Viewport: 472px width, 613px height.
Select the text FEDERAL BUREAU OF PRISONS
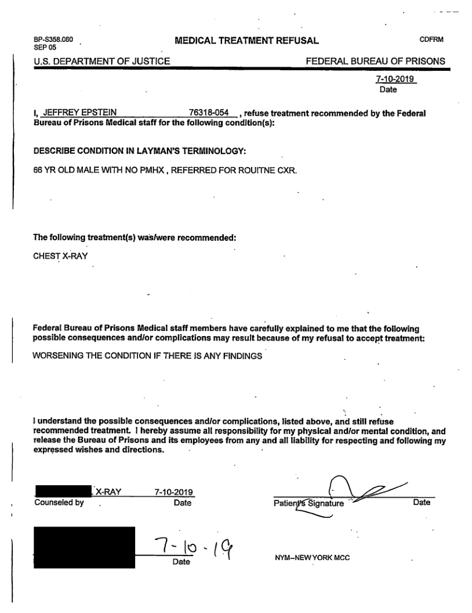(x=375, y=60)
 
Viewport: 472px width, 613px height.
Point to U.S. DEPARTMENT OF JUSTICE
(x=102, y=60)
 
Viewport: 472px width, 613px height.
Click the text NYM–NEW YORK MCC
(x=312, y=557)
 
